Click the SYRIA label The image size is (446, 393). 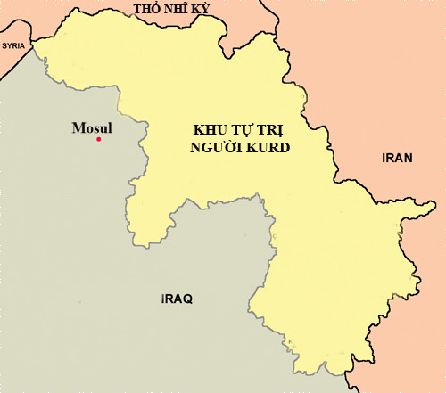tap(13, 45)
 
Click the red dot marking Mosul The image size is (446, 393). tap(99, 139)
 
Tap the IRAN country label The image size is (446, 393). tap(397, 158)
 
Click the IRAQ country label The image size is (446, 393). tap(177, 298)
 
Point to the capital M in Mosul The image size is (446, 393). tap(78, 127)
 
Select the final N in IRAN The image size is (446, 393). tap(409, 158)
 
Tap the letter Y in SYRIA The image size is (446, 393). tap(10, 45)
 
